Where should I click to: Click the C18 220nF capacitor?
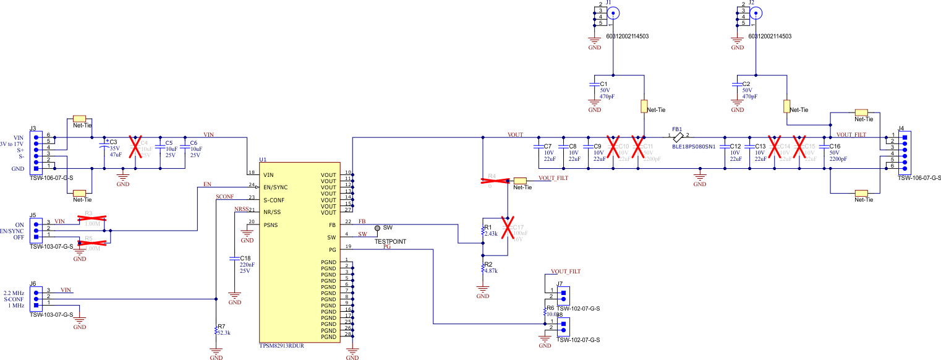pyautogui.click(x=235, y=259)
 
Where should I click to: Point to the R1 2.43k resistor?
pyautogui.click(x=483, y=231)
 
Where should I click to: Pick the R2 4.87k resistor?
pyautogui.click(x=483, y=268)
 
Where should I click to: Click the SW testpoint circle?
pyautogui.click(x=378, y=228)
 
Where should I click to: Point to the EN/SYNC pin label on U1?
pyautogui.click(x=276, y=187)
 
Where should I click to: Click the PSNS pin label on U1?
pyautogui.click(x=271, y=225)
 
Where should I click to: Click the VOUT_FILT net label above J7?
pyautogui.click(x=566, y=271)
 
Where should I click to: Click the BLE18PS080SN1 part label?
pyautogui.click(x=693, y=147)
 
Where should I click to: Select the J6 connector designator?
pyautogui.click(x=33, y=283)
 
